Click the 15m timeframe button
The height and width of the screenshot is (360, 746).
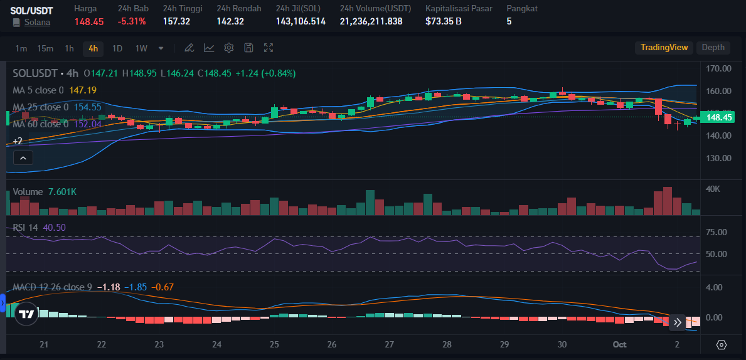pos(45,48)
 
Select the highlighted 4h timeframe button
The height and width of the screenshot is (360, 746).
pos(93,48)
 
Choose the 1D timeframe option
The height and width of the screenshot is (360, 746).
pos(117,48)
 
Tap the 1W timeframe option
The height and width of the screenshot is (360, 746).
pos(141,48)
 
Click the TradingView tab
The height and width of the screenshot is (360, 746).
pos(664,48)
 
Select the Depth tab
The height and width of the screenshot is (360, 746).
pos(713,48)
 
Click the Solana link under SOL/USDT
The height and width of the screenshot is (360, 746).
pos(37,22)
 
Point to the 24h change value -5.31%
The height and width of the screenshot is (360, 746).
pos(132,21)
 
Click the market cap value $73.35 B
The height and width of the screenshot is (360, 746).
pos(443,21)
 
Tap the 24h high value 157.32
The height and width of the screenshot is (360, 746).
pos(176,21)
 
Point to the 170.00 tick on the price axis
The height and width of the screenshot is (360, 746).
pos(718,68)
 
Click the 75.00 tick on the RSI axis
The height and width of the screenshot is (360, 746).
pos(716,232)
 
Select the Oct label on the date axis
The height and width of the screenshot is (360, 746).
pos(620,344)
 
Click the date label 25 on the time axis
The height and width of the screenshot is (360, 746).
pos(274,344)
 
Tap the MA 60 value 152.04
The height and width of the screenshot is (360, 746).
pos(87,124)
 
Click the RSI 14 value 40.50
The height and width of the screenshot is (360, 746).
pos(54,227)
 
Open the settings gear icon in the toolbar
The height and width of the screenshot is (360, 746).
pos(229,48)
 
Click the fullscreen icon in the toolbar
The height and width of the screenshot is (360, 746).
pos(269,48)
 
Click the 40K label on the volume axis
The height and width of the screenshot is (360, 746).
pos(713,189)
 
